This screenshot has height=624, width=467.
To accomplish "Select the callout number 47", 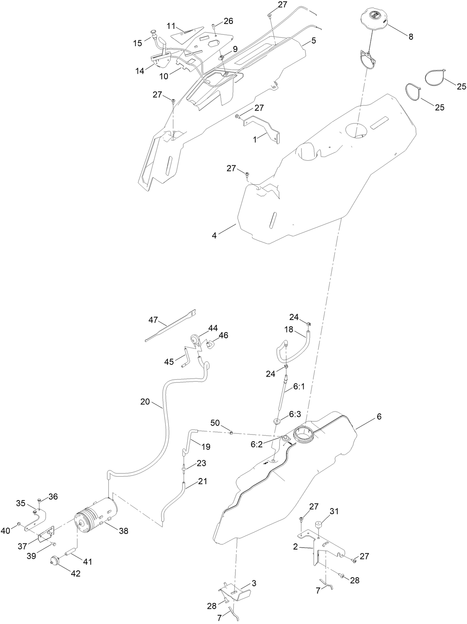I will pos(153,320).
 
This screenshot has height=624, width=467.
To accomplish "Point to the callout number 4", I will pos(214,236).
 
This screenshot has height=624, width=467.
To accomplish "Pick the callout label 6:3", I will pos(295,414).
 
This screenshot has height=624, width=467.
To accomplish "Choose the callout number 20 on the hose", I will pos(145,402).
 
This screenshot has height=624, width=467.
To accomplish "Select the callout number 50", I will pos(215,423).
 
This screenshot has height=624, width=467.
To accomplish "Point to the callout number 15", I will pos(138,43).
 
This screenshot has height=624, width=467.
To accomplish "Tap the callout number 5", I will pos(313,40).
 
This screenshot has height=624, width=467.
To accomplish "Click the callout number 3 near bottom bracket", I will pos(254,583).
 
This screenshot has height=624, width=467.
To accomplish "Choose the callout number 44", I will pos(213,328).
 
